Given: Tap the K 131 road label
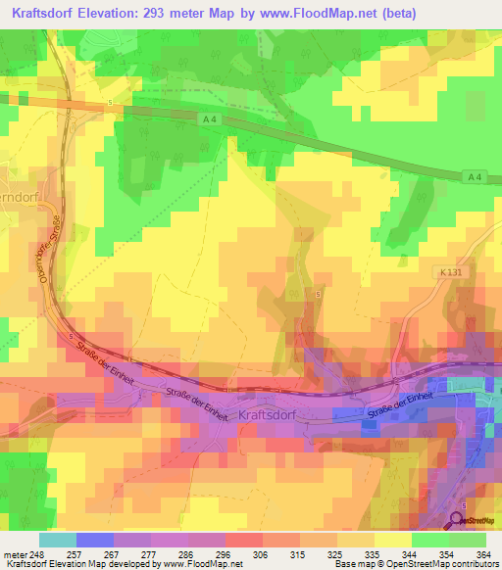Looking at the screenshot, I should (x=445, y=274).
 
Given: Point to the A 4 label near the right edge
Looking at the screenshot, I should (x=475, y=176).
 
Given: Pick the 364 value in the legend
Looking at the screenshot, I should (x=484, y=553).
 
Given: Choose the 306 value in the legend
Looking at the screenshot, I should (x=261, y=553).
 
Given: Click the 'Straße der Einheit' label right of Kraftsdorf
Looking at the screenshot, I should (x=399, y=407).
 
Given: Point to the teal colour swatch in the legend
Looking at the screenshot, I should (x=57, y=540).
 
